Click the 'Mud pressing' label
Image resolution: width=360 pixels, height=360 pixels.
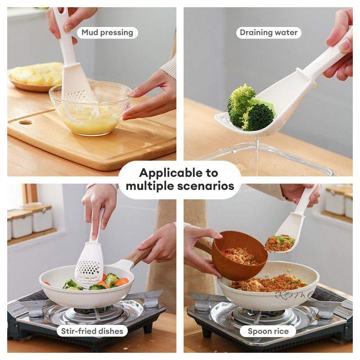[107, 32]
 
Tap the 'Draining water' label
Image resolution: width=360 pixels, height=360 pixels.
[269, 32]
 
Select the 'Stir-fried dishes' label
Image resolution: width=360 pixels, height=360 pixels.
[92, 331]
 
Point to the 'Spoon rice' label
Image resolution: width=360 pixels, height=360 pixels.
[268, 331]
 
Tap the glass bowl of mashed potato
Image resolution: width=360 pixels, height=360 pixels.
[90, 108]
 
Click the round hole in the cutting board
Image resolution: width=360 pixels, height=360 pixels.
[26, 122]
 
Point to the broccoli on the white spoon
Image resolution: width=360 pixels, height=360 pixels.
[250, 108]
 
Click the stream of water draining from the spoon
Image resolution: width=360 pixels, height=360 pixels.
[257, 156]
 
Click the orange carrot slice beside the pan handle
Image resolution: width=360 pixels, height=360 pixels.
[121, 282]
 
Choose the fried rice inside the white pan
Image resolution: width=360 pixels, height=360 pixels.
[269, 283]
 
